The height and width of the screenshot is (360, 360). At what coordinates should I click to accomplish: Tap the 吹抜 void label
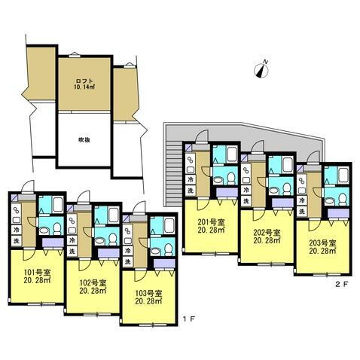[x=84, y=139]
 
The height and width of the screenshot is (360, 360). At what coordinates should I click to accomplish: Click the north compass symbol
[x=262, y=70]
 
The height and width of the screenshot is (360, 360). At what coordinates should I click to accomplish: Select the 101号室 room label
[x=36, y=275]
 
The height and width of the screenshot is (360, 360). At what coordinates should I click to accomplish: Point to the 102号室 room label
[x=93, y=287]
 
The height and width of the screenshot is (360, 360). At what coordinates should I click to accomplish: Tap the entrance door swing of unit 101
[x=28, y=191]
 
